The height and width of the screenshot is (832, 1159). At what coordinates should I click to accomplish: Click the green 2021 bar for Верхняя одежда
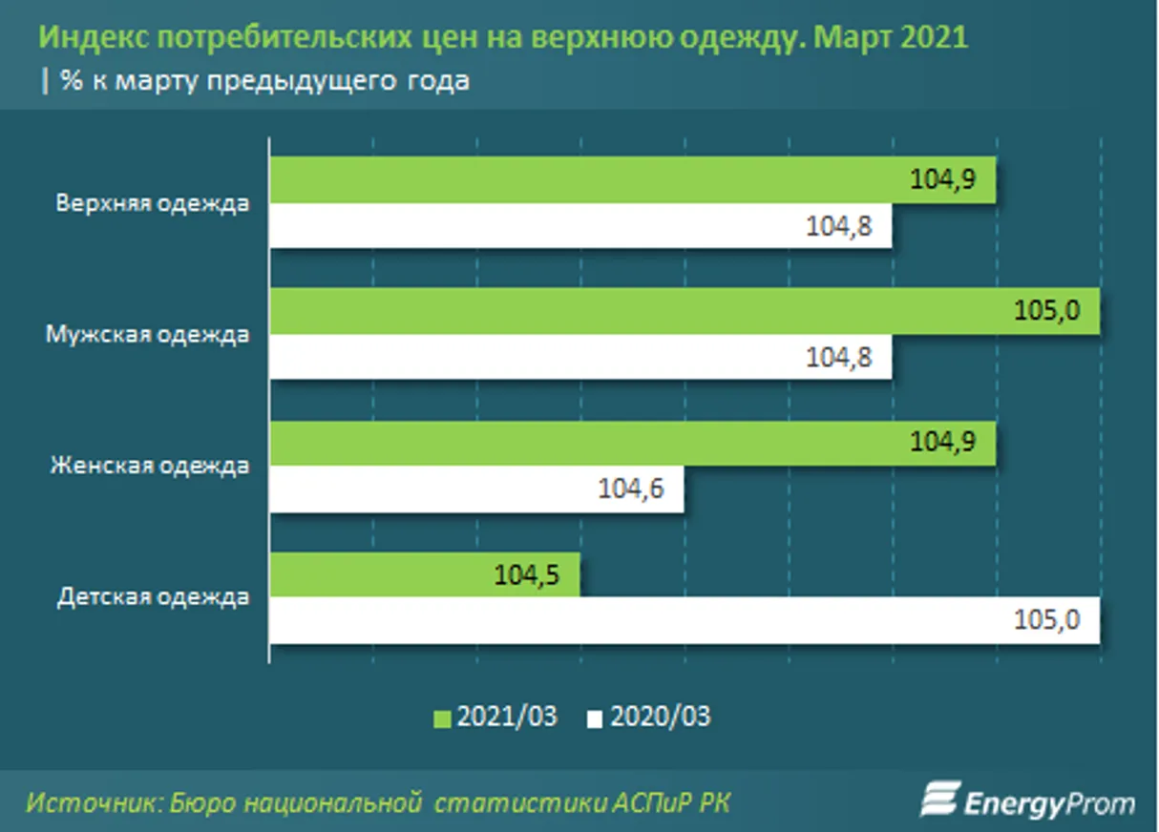coord(630,180)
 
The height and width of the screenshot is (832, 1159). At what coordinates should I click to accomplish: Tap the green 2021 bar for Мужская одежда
coord(683,312)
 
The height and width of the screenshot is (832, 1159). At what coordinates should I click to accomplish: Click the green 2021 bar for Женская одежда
coord(630,444)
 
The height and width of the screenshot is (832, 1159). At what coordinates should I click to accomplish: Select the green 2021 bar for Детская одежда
coord(424,575)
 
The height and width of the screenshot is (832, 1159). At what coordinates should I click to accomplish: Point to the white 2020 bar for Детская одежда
coord(683,621)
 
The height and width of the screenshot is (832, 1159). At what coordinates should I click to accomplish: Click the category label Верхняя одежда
coord(153,204)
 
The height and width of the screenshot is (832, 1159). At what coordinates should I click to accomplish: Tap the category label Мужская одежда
coord(148,336)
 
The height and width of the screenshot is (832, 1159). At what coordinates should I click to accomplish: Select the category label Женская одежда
coord(149,467)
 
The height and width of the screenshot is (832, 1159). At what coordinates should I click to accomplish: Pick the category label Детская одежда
coord(153,598)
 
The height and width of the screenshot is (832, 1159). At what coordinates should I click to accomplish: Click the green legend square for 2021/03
coord(443,718)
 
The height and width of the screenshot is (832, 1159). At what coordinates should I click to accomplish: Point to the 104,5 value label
coord(527,575)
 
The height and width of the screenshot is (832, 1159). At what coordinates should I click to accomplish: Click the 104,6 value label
coord(630,489)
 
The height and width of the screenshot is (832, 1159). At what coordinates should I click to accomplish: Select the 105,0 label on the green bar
coord(1047,312)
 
